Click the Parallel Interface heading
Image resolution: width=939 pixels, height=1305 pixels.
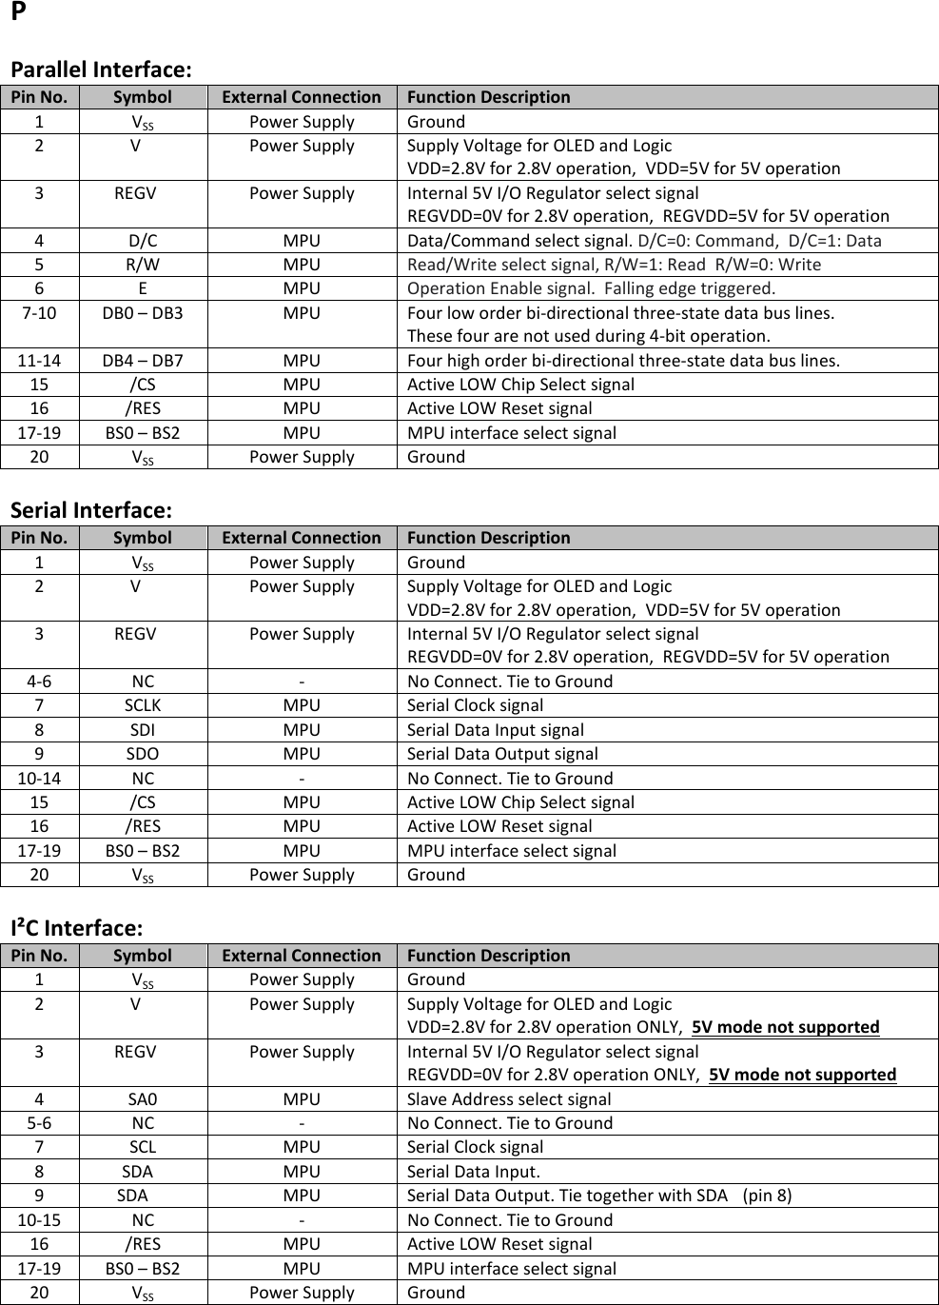[101, 70]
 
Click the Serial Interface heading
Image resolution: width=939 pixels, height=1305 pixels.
[91, 511]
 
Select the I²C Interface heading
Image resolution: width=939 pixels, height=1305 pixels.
[77, 928]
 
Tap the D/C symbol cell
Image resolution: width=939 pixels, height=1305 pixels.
[143, 241]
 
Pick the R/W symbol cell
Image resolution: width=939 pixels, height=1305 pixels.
[143, 265]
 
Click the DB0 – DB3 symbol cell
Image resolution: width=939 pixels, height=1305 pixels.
[143, 313]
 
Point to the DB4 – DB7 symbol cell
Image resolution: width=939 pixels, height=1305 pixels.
[143, 361]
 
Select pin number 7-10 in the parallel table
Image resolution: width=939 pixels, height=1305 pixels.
[39, 313]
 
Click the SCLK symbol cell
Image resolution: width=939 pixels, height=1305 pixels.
[143, 705]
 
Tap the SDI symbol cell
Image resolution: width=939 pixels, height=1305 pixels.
[143, 730]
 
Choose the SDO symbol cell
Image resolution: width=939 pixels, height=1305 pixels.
[143, 754]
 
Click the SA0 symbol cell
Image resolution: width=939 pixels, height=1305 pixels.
[143, 1099]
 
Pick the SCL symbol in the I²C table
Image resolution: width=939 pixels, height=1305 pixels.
[143, 1147]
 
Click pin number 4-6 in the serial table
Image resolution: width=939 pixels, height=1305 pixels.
[39, 682]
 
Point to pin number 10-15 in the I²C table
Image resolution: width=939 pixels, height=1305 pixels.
[39, 1220]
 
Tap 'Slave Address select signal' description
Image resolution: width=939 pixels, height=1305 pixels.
[509, 1099]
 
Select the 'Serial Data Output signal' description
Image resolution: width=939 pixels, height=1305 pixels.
[502, 754]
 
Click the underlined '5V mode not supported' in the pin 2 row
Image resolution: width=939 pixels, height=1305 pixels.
[786, 1027]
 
